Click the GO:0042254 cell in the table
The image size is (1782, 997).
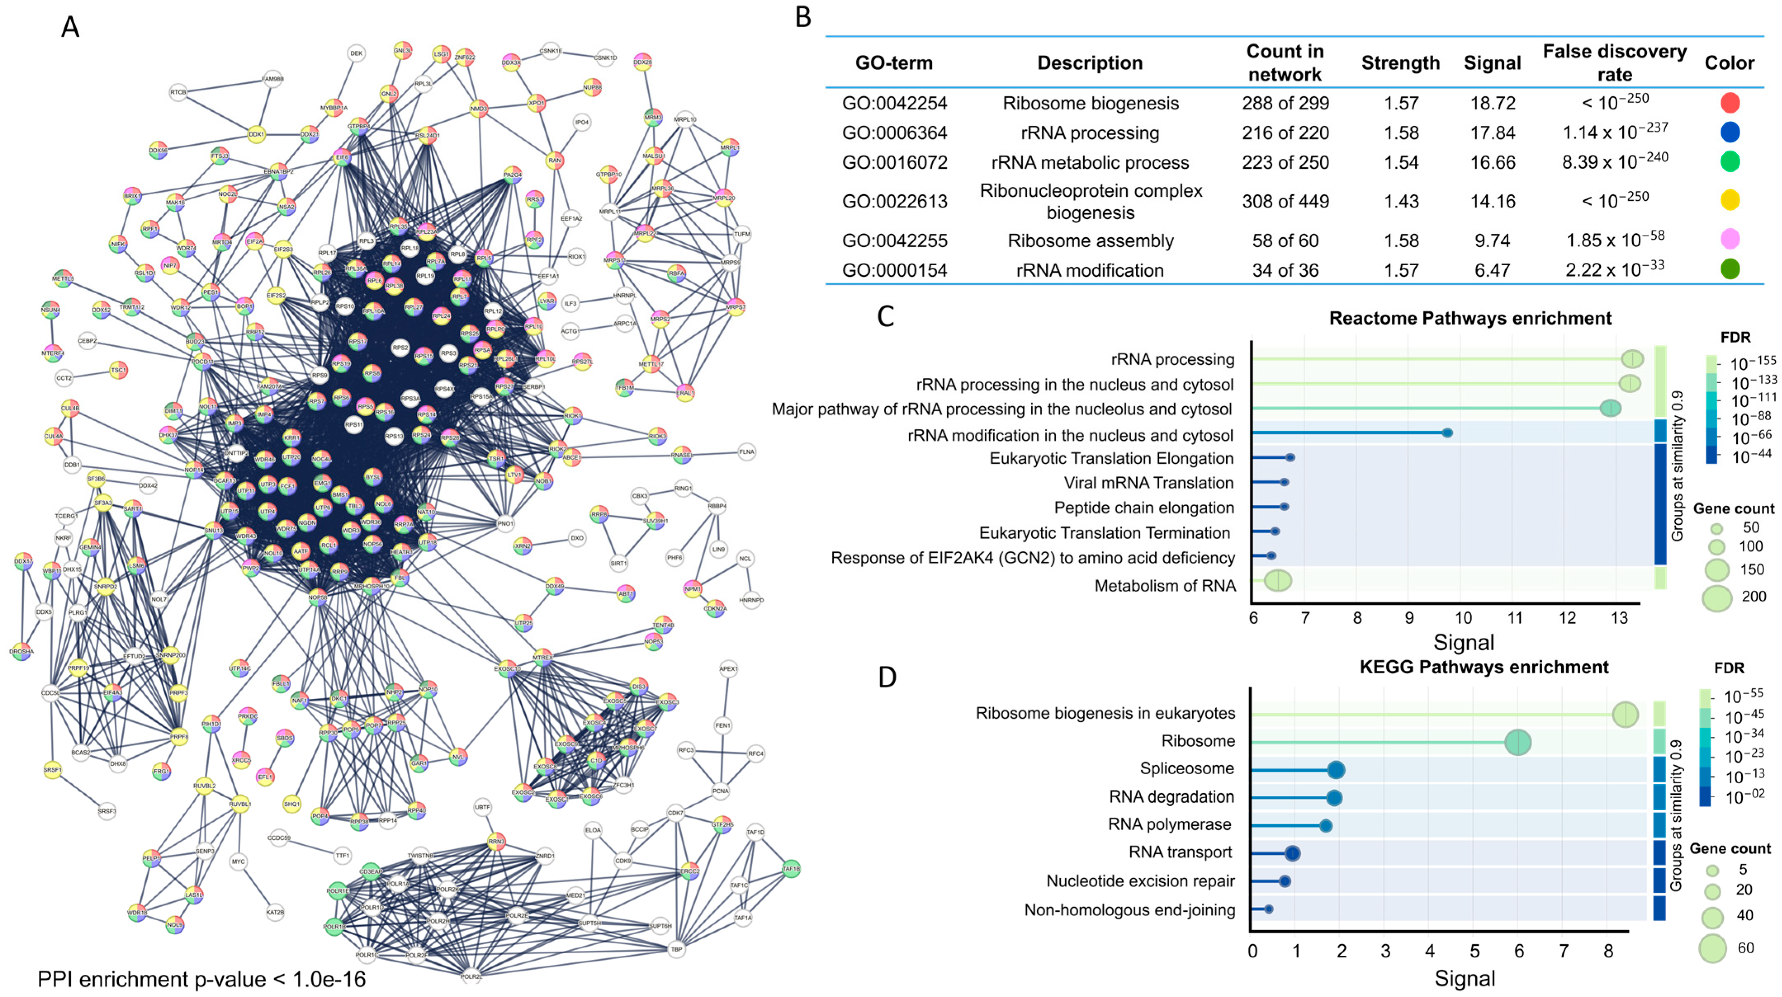pyautogui.click(x=894, y=104)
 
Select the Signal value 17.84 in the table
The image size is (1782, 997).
pyautogui.click(x=1492, y=133)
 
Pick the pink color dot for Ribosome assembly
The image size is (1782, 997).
pyautogui.click(x=1730, y=239)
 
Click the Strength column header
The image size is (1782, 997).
pyautogui.click(x=1400, y=63)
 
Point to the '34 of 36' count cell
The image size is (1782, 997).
pyautogui.click(x=1285, y=270)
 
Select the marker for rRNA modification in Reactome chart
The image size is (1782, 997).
pyautogui.click(x=1446, y=433)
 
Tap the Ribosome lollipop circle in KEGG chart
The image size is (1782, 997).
pyautogui.click(x=1518, y=742)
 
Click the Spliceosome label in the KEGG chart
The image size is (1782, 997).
pyautogui.click(x=1186, y=769)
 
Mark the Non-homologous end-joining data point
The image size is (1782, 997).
pyautogui.click(x=1268, y=909)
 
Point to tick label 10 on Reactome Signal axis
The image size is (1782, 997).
pyautogui.click(x=1463, y=618)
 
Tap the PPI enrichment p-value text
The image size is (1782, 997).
pyautogui.click(x=201, y=979)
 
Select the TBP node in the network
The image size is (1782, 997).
pyautogui.click(x=676, y=949)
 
